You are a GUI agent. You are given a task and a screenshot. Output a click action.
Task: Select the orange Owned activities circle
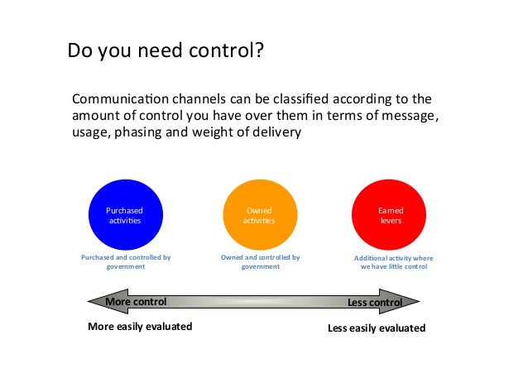coord(259,215)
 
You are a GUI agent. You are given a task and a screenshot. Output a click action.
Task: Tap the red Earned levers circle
coord(391,215)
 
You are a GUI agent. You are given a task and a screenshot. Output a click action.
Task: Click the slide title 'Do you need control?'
coord(166,52)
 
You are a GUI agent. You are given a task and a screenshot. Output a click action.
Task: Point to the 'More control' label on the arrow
coord(136,302)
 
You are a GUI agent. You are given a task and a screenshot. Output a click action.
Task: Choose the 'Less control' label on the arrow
coord(374,303)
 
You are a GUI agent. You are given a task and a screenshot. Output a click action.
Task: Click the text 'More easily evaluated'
coord(140,327)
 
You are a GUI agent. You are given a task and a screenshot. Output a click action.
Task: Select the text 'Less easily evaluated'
coord(377,328)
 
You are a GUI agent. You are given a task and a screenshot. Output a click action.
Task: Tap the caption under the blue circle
coord(126,262)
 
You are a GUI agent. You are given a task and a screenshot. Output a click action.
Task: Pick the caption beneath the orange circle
coord(260,262)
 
